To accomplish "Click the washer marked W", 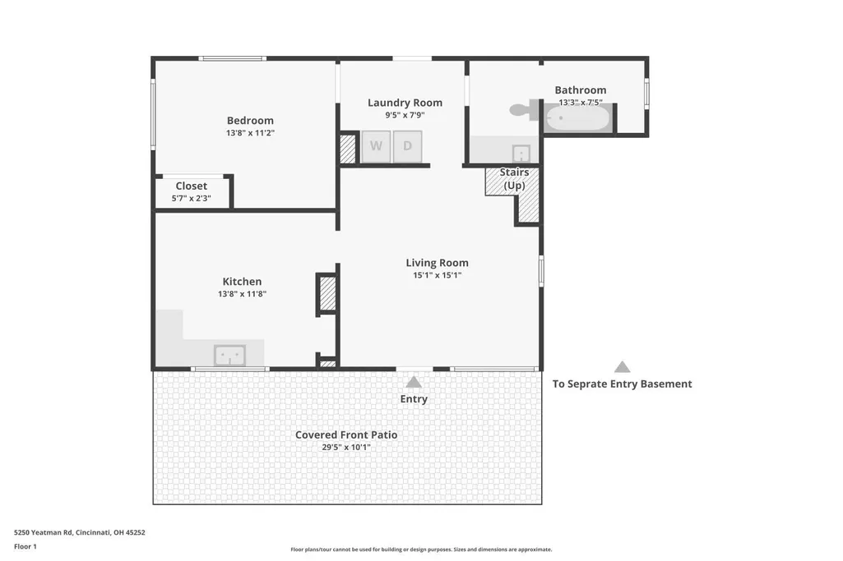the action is tap(376, 146).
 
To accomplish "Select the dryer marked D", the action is tap(408, 146).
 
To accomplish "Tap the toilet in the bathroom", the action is tap(526, 110).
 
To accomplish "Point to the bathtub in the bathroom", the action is tap(578, 117).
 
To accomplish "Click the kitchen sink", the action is tap(230, 356).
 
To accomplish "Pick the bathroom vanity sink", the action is tap(521, 154).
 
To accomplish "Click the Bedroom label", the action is tap(250, 120).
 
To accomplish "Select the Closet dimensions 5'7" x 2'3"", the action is tap(192, 198).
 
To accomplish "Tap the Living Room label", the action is tap(437, 263).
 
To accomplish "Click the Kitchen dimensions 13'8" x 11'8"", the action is tap(242, 294).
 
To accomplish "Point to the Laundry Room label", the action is tap(405, 103).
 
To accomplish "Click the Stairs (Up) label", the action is tap(514, 179).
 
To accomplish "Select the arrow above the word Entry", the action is tap(414, 382).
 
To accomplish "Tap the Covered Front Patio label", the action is tap(346, 435).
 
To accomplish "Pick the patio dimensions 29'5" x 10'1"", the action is tap(346, 447).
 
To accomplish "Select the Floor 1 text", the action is tap(25, 546).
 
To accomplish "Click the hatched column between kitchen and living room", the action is tap(328, 293).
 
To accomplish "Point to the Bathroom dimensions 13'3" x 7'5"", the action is tap(581, 102).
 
